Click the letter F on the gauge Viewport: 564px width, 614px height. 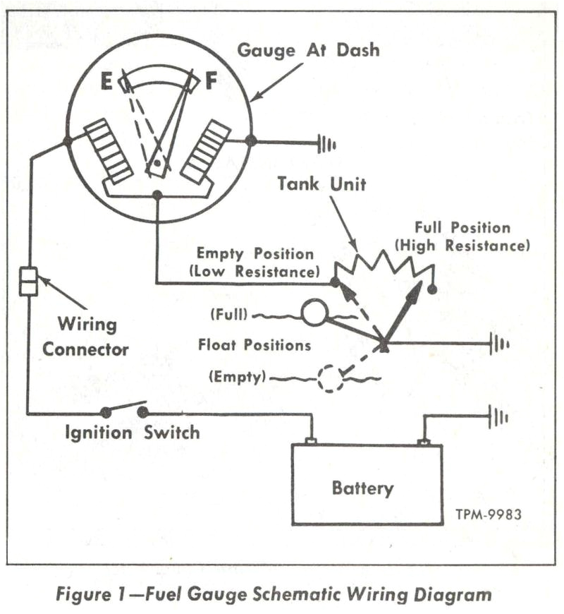tap(211, 82)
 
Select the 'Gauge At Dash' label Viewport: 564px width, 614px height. tap(308, 50)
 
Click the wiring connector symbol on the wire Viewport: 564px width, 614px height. tap(27, 280)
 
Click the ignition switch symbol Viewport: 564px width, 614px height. tap(123, 410)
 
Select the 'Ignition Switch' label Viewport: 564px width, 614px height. tap(132, 432)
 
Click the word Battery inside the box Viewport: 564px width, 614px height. tap(363, 488)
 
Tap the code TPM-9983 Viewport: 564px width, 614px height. tap(488, 514)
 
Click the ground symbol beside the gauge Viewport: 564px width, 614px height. tap(326, 145)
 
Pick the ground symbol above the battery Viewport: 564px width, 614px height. tap(498, 417)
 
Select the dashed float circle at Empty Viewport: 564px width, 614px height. tap(329, 378)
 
